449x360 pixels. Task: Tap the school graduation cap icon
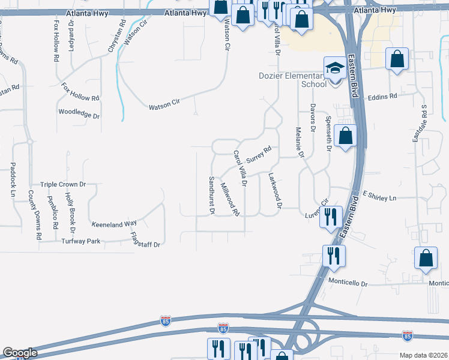click(334, 67)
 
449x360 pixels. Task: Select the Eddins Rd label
click(383, 96)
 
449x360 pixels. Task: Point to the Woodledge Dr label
click(79, 112)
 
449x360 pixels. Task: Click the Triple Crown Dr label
click(63, 185)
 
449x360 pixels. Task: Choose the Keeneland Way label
click(114, 224)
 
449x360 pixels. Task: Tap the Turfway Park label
click(80, 241)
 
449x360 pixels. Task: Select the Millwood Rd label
click(230, 200)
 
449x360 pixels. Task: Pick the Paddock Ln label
click(12, 179)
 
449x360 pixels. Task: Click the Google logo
click(20, 353)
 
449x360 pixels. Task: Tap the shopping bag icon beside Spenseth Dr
click(346, 136)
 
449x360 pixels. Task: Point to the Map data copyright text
click(424, 355)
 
